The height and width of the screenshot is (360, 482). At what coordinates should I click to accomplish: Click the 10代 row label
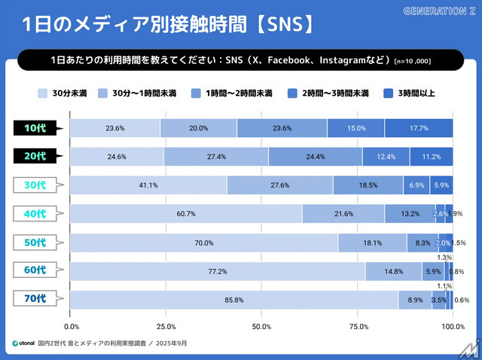click(35, 128)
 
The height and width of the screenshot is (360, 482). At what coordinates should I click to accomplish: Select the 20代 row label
click(35, 157)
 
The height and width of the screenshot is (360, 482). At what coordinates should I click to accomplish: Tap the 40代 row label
click(35, 214)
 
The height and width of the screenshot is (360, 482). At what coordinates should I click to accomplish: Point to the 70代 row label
click(35, 300)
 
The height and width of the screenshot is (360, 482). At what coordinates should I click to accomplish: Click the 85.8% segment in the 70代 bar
click(233, 300)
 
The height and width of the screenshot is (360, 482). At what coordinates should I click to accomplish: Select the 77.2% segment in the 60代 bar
click(218, 271)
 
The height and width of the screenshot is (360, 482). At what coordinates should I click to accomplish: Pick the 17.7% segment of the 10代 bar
click(419, 128)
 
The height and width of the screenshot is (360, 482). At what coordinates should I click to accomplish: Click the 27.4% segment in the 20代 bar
click(216, 157)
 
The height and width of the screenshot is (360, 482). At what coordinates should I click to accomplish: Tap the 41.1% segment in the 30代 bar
click(148, 185)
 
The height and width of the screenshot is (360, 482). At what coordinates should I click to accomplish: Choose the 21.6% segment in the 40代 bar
click(343, 214)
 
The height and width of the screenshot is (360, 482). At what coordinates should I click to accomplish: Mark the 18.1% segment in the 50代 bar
click(372, 243)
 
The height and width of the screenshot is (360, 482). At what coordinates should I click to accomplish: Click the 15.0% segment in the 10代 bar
click(355, 128)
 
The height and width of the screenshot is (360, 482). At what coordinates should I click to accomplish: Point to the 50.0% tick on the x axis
click(261, 326)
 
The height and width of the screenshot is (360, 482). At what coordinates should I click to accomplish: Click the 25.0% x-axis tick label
click(166, 326)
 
